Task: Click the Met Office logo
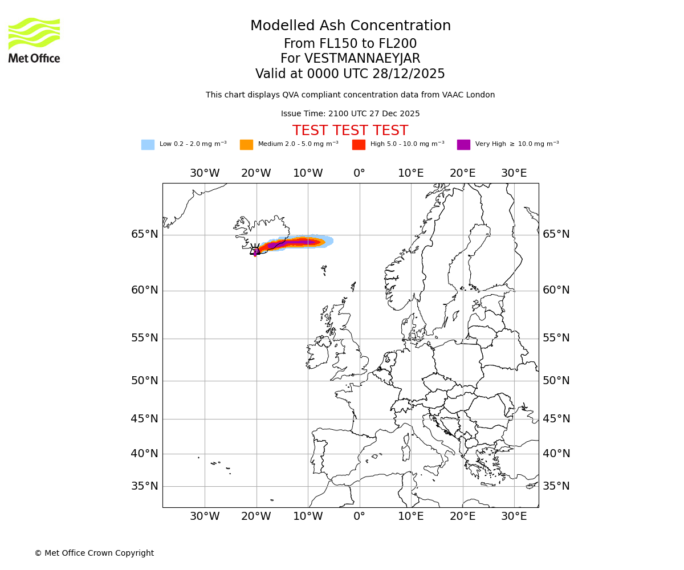pos(34,40)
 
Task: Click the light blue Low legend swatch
pos(148,145)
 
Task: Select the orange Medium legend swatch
pos(246,145)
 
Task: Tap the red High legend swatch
pos(359,145)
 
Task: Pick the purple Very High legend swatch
pos(463,145)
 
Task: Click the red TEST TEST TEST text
pos(350,131)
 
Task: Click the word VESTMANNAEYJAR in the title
pos(363,59)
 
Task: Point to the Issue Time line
pos(350,114)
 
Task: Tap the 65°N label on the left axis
pos(144,234)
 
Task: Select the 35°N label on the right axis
pos(556,486)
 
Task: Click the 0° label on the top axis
pos(359,173)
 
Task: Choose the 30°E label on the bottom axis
pos(514,516)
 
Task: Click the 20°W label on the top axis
pos(256,173)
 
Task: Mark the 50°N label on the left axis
pos(144,381)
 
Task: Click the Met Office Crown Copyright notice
pos(94,553)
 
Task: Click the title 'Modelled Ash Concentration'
pos(350,26)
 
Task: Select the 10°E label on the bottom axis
pos(410,516)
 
